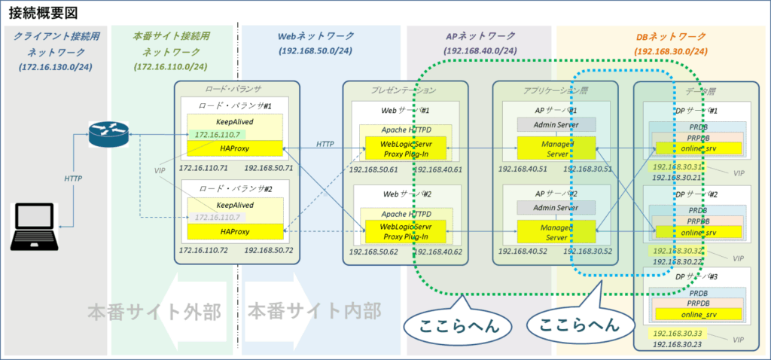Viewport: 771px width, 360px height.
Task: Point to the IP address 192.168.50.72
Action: pos(269,249)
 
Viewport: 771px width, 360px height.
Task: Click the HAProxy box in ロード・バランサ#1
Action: pos(234,148)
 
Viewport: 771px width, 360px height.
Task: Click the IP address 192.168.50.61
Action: pos(371,169)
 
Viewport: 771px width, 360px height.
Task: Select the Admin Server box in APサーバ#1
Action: pos(556,124)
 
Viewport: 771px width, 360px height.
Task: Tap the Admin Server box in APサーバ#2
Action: pos(556,207)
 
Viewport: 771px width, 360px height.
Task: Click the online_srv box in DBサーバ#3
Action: pos(700,314)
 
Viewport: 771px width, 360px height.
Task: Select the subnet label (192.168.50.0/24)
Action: pos(316,51)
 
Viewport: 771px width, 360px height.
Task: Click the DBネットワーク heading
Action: pos(670,35)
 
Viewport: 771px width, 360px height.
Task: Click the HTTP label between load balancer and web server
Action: pos(325,143)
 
